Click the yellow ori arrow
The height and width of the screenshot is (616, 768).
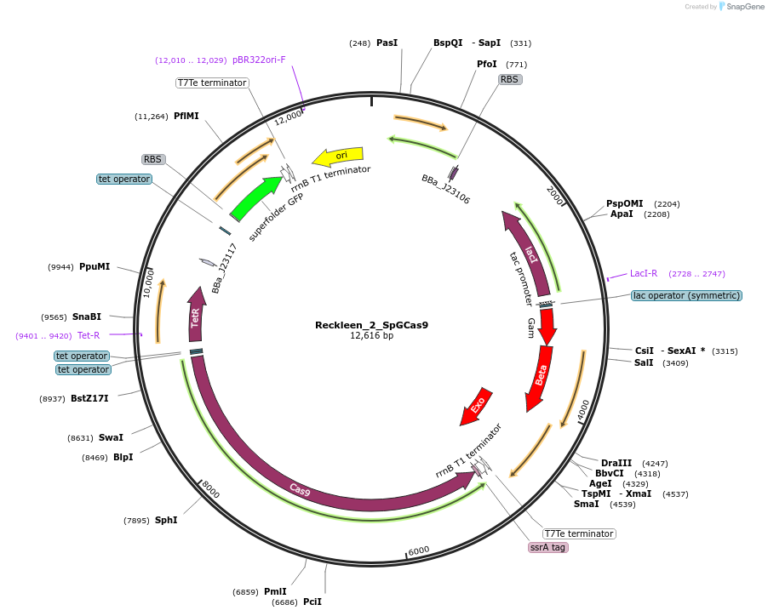point(338,156)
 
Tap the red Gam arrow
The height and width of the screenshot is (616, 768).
point(547,323)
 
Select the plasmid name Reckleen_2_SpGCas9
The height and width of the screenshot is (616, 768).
point(371,325)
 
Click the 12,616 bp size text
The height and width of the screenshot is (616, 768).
point(371,336)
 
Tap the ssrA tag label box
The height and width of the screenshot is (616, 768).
point(547,547)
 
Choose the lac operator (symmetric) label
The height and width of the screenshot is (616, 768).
point(686,295)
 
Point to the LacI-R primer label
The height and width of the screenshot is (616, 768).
point(644,274)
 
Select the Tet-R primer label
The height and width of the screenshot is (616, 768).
point(89,335)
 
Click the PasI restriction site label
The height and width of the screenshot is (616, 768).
point(387,43)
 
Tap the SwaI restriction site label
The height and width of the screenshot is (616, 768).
point(111,438)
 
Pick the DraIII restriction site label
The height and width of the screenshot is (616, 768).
point(616,463)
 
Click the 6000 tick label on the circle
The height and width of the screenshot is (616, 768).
point(419,550)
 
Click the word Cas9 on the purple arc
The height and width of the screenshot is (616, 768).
point(299,489)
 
